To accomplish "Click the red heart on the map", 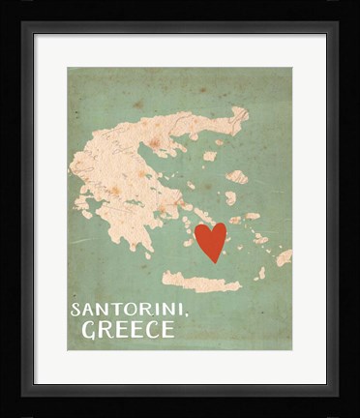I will coord(210,241).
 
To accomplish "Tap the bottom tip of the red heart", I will coord(211,261).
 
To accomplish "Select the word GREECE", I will coord(128,329).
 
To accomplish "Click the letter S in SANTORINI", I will coord(75,310).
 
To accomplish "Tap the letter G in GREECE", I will coord(89,329).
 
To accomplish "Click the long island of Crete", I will coord(200,282).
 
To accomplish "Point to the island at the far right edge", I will coord(284,257).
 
